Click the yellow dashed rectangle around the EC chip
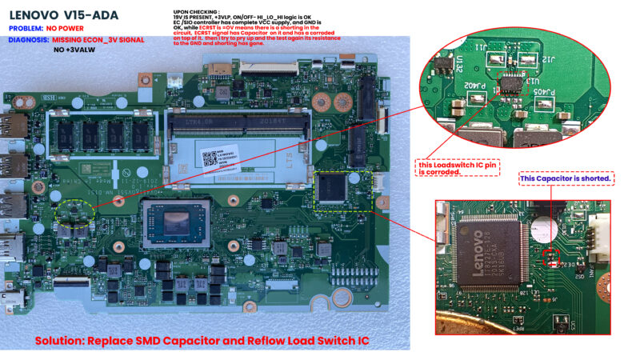(x=343, y=190)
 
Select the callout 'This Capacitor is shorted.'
(x=566, y=178)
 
